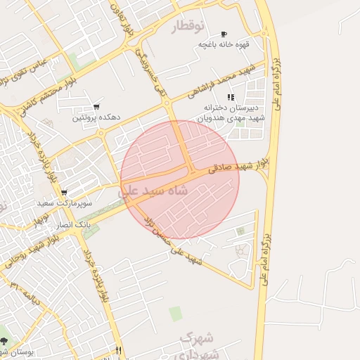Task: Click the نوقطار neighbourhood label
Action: pyautogui.click(x=188, y=27)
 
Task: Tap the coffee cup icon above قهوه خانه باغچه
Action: pyautogui.click(x=224, y=34)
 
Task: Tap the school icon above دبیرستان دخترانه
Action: pyautogui.click(x=230, y=97)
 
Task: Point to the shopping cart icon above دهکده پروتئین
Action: pyautogui.click(x=96, y=108)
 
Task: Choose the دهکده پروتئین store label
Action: pyautogui.click(x=96, y=118)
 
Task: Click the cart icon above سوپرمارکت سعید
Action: pyautogui.click(x=64, y=193)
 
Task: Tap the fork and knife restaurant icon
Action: pyautogui.click(x=118, y=351)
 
